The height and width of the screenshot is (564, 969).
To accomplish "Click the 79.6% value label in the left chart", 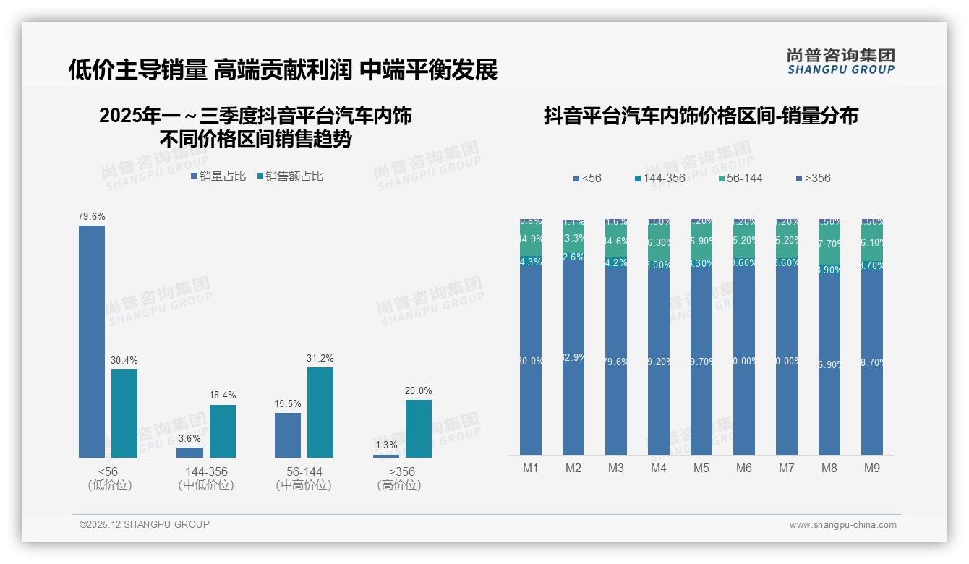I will (92, 216).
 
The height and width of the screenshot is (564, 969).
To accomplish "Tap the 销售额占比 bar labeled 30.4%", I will (124, 413).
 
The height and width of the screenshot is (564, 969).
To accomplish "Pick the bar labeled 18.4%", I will (223, 431).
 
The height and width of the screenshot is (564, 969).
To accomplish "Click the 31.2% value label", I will (320, 358).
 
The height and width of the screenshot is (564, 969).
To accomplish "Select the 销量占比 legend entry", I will (218, 176).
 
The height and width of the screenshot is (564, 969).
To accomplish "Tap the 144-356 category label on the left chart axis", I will (206, 471).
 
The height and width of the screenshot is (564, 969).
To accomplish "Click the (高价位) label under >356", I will (398, 485).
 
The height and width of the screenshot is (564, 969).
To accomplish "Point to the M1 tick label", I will (531, 468).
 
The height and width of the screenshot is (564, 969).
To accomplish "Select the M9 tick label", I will (872, 468).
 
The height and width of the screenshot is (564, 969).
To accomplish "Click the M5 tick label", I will (701, 468).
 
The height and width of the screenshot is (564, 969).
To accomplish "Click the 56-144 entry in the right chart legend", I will (740, 178).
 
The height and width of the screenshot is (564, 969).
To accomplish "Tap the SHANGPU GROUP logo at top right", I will (841, 61).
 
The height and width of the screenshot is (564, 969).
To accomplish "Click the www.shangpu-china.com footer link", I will (842, 524).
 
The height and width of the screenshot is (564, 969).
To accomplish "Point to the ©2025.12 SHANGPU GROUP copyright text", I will (145, 524).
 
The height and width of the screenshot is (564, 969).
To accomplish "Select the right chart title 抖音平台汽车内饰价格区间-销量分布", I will (701, 116).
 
